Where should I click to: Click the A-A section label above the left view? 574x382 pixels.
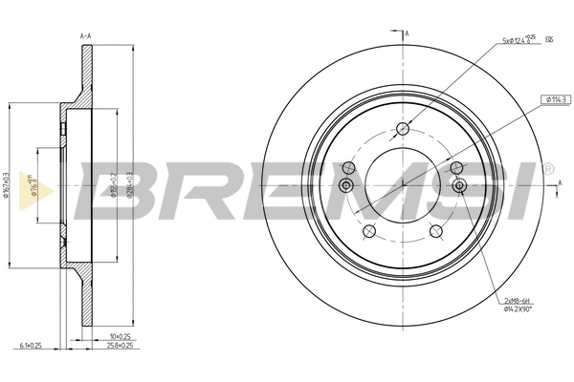click(85, 35)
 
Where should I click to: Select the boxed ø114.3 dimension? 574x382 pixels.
click(556, 98)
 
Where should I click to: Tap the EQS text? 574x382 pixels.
click(549, 39)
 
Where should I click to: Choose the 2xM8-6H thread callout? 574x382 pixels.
click(518, 301)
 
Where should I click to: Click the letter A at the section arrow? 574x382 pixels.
click(408, 34)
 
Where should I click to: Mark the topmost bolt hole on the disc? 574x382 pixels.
click(403, 130)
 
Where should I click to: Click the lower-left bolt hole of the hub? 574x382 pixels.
click(368, 231)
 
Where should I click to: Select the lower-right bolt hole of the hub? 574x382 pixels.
click(436, 231)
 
